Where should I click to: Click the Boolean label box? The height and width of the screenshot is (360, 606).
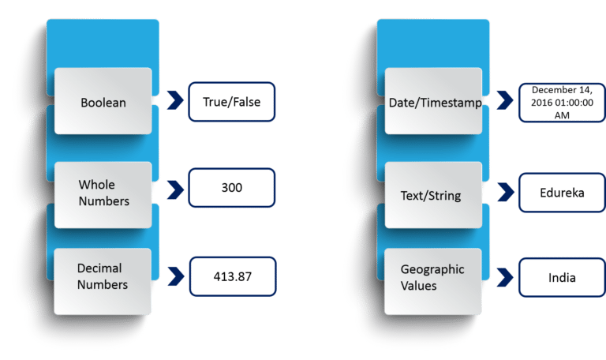tap(103, 101)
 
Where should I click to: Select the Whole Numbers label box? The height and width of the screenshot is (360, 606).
tap(103, 193)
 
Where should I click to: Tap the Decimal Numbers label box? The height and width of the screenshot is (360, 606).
tap(103, 277)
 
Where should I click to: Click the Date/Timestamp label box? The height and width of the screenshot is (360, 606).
tap(433, 102)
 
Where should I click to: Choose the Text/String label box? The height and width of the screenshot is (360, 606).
tap(433, 193)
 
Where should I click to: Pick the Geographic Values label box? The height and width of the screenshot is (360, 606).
tap(433, 277)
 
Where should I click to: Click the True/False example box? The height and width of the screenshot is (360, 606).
tap(231, 102)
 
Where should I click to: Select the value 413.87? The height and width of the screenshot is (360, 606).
tap(231, 276)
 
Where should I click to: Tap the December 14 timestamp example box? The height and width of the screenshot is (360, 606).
tap(561, 102)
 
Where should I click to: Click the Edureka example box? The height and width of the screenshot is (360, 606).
tap(561, 193)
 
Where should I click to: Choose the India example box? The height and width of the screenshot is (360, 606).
tap(561, 277)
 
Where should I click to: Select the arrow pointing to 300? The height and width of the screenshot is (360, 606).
tap(173, 190)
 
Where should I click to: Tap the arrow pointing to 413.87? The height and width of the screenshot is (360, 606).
tap(173, 276)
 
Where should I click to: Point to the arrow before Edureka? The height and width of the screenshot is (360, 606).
tap(503, 191)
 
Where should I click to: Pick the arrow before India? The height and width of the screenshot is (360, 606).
tap(503, 276)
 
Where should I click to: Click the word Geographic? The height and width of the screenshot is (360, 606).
tap(432, 269)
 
